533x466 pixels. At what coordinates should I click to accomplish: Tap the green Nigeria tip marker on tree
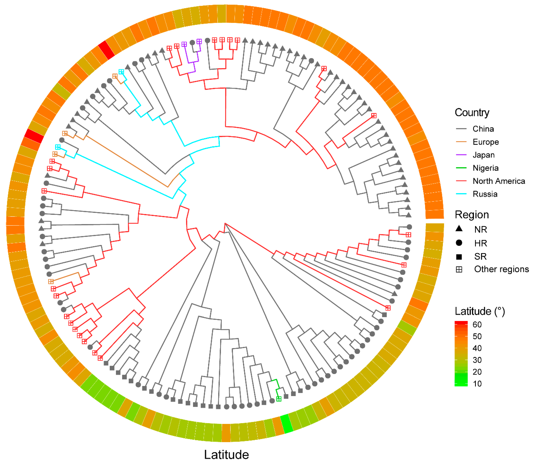[279, 399]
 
